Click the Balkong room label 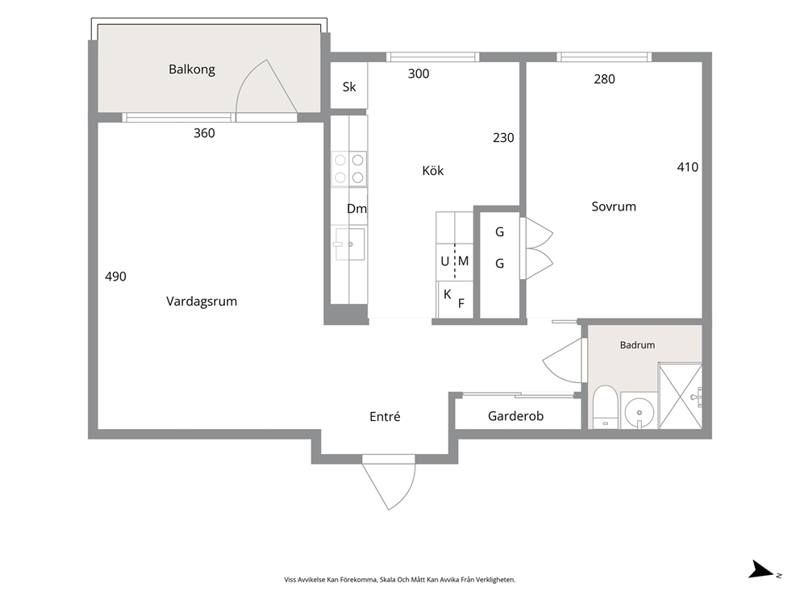click(192, 69)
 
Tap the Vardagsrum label click(202, 301)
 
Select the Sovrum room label click(614, 206)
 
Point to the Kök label click(432, 170)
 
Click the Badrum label click(637, 345)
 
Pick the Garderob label click(516, 416)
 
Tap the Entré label click(385, 416)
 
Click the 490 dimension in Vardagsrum click(115, 277)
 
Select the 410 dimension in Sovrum click(687, 167)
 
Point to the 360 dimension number click(204, 133)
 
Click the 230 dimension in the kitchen click(503, 138)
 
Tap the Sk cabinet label click(349, 87)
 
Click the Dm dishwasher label click(356, 208)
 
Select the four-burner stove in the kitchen click(349, 169)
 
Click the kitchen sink click(349, 244)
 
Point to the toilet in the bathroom click(606, 406)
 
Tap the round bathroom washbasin click(639, 410)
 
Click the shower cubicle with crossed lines click(680, 395)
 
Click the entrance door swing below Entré click(389, 485)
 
